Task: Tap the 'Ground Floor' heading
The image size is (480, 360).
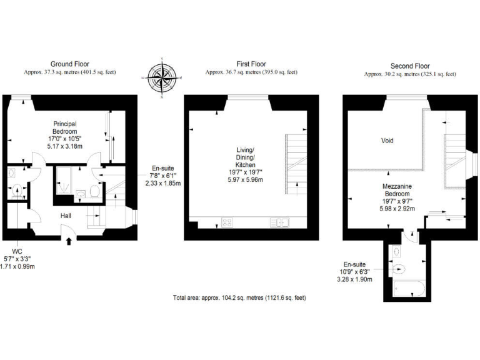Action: click(x=69, y=64)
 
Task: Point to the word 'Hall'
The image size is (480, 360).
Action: click(x=66, y=216)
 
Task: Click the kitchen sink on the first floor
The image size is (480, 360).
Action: click(x=279, y=222)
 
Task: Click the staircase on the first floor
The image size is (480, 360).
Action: click(x=296, y=162)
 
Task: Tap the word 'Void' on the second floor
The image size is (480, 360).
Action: click(x=387, y=141)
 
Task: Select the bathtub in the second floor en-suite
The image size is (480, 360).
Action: click(x=409, y=290)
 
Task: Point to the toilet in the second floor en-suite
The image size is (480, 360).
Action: click(x=400, y=269)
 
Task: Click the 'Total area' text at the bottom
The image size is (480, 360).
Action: click(x=239, y=299)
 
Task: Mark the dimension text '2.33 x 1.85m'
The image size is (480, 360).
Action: click(x=162, y=184)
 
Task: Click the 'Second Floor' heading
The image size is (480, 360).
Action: click(x=410, y=66)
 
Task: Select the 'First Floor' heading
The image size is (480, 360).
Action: click(x=251, y=64)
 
